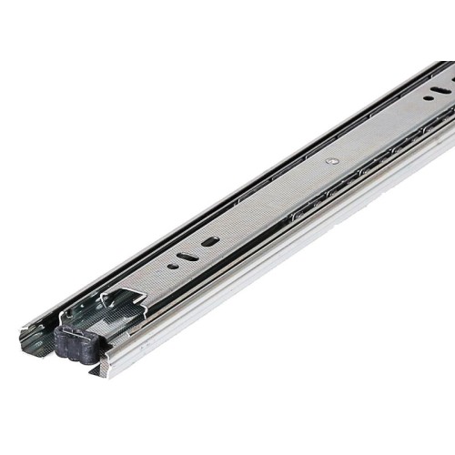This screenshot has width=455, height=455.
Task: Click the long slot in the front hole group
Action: coord(187,257)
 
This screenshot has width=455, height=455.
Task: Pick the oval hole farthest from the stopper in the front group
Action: coord(211,242)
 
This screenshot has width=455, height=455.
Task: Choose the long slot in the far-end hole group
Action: coord(440,88)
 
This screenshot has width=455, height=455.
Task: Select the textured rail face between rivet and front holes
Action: coord(273,200)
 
